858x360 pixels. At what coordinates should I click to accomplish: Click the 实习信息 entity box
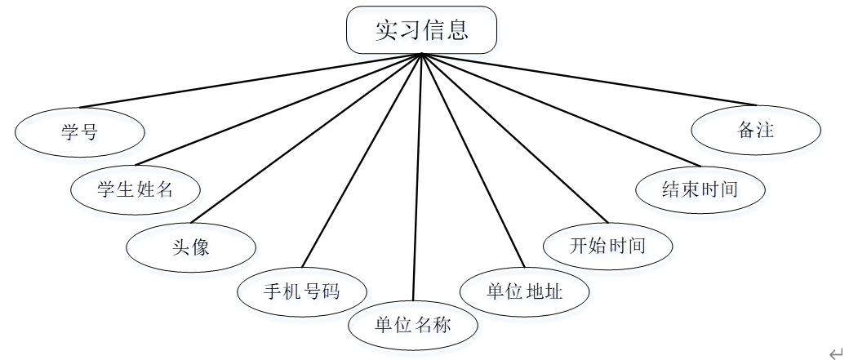point(421,30)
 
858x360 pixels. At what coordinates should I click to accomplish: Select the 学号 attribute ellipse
point(80,131)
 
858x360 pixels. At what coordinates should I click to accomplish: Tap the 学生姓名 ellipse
point(136,189)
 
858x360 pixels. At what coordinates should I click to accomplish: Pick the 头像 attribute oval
point(191,246)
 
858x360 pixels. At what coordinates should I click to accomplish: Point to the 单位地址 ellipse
point(524,291)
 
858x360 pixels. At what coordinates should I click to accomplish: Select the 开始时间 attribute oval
point(608,245)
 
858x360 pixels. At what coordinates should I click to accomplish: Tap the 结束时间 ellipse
point(700,189)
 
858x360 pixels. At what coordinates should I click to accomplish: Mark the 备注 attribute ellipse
point(756,131)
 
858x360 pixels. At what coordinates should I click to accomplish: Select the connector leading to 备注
point(588,80)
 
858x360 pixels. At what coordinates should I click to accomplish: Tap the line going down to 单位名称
point(417,180)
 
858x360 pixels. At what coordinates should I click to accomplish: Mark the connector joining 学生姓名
point(278,109)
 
